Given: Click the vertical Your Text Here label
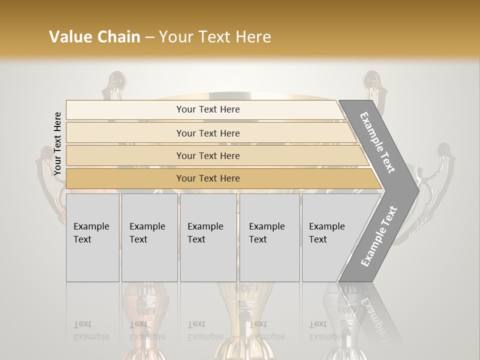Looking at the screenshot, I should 57,144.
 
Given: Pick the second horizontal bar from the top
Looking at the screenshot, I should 208,133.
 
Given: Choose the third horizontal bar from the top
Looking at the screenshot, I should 208,156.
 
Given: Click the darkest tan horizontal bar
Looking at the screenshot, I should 208,178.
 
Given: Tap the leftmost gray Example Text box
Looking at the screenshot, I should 92,237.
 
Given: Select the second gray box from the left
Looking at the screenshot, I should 149,237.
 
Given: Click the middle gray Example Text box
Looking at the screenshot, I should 208,237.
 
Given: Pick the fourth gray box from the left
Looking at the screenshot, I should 269,237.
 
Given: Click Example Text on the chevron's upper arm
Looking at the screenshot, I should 378,142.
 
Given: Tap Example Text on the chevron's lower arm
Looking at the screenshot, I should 379,236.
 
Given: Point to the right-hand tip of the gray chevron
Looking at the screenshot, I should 417,190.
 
